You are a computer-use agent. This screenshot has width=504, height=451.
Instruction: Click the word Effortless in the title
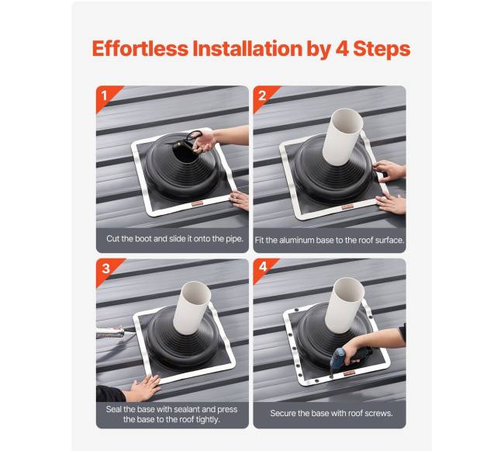[140, 49]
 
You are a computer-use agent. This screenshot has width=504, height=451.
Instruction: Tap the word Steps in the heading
[381, 49]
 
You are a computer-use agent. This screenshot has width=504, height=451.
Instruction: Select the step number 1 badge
[105, 95]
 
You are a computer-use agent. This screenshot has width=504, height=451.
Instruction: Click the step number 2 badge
[263, 95]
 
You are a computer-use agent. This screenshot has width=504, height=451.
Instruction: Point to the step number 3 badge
[105, 269]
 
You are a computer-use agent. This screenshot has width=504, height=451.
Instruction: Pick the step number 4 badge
[263, 267]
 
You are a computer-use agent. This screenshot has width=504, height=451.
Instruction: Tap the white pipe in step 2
[342, 137]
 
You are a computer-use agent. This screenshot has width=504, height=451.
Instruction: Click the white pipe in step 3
[192, 308]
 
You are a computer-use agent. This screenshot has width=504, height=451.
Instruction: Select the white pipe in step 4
[344, 305]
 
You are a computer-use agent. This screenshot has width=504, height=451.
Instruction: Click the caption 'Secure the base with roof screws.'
[331, 413]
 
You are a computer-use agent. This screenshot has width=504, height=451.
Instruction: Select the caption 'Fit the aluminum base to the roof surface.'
[330, 241]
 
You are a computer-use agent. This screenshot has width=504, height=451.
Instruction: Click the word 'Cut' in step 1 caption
[113, 238]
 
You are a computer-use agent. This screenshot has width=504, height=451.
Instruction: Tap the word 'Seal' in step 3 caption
[113, 409]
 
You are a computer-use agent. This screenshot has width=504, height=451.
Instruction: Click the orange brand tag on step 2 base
[347, 207]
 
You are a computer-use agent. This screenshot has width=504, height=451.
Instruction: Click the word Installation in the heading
[247, 49]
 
